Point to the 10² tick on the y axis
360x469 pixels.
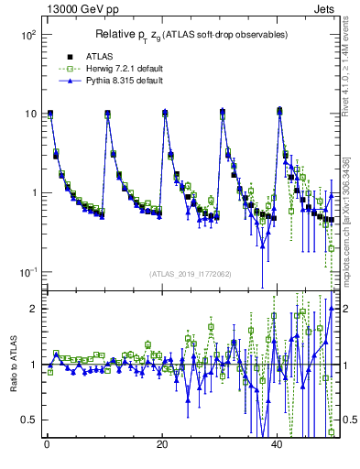(28, 35)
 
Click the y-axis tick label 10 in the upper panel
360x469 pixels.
(30, 115)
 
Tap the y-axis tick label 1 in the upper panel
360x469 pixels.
(33, 193)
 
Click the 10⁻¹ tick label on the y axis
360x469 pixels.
(28, 273)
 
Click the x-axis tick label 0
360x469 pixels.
(47, 445)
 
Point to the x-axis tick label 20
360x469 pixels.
(162, 445)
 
